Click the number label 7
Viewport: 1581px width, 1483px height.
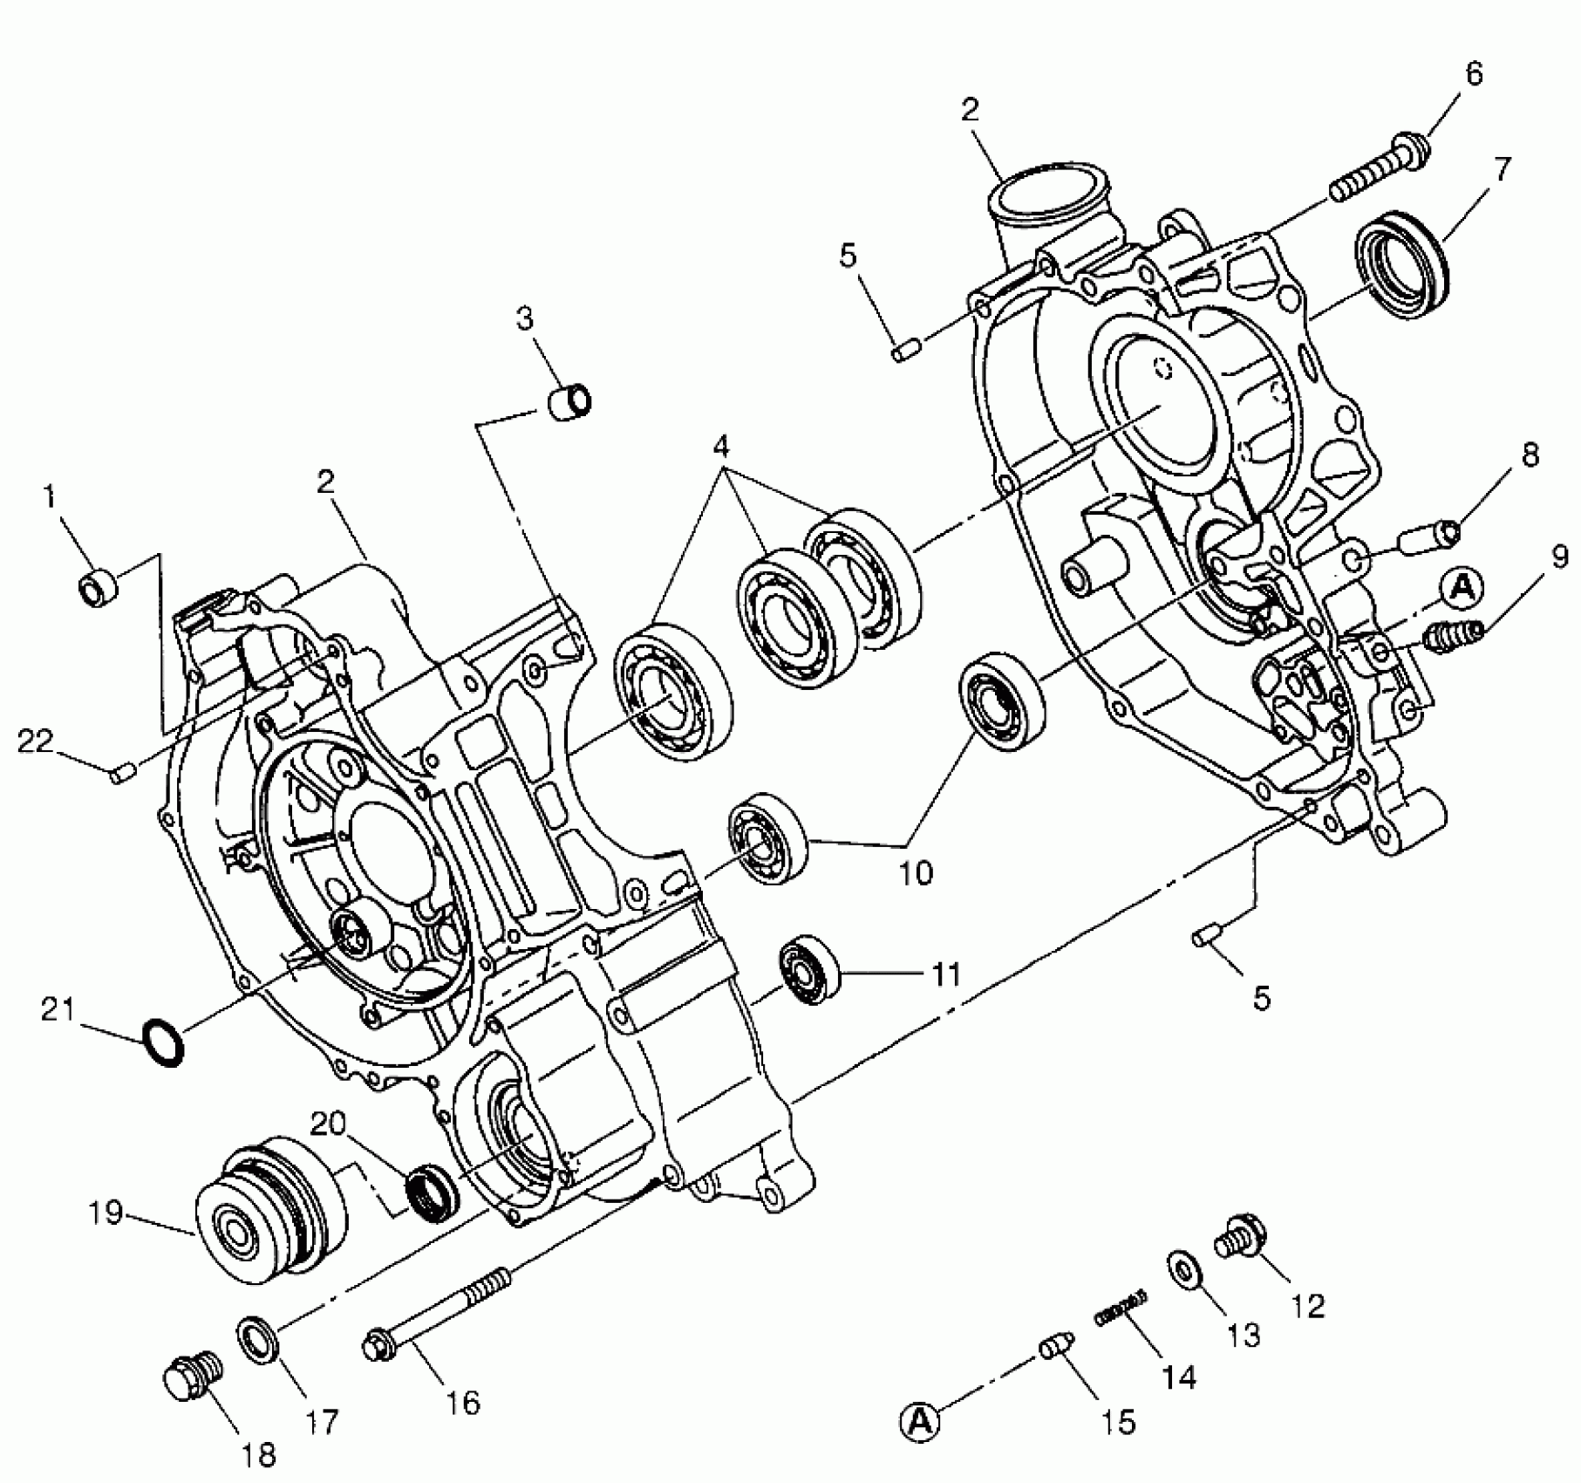point(1502,168)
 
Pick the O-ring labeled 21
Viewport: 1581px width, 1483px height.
point(163,1041)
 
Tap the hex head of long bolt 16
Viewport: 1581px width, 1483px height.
point(377,1344)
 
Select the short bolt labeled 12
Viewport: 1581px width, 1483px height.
point(1239,1240)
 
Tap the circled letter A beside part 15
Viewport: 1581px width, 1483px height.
point(919,1424)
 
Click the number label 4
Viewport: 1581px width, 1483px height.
point(720,447)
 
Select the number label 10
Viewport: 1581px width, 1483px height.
point(916,871)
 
